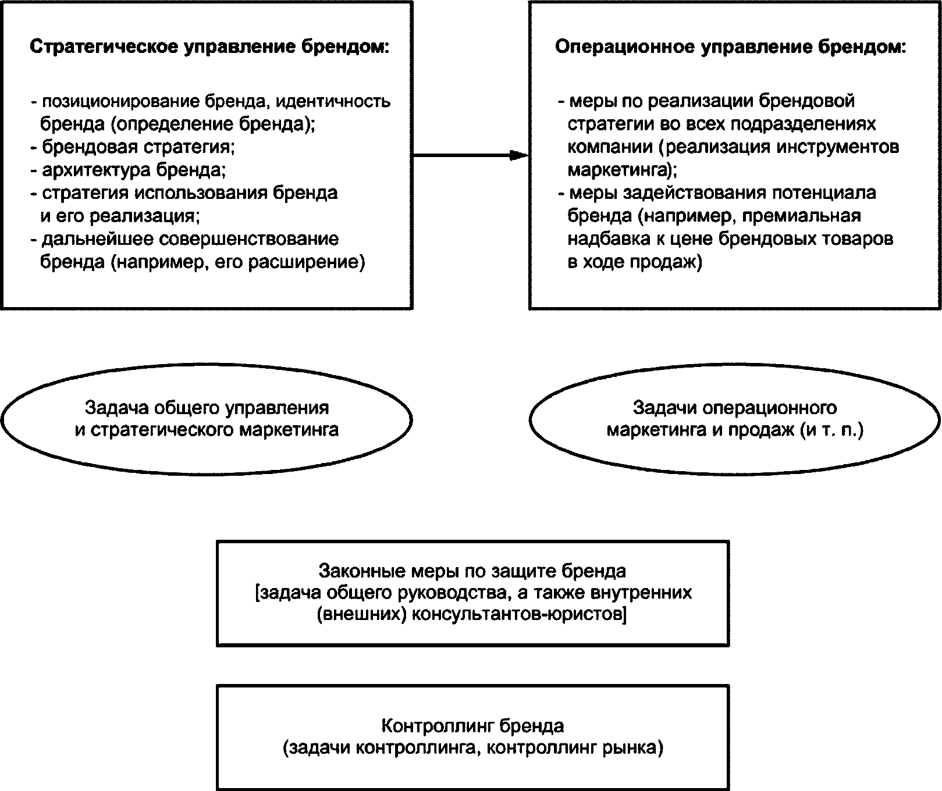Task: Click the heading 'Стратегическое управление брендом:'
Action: pos(209,48)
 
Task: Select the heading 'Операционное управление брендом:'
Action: pos(730,48)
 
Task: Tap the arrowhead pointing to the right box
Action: pos(518,155)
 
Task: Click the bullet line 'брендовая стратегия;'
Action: pos(133,147)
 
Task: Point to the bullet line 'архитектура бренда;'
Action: pos(129,170)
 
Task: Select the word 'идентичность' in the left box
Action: pos(332,101)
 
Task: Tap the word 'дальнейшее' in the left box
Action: pos(95,240)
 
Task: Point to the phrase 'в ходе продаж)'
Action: pos(635,262)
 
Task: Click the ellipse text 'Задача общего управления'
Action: pos(207,408)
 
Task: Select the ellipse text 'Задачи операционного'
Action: pos(735,408)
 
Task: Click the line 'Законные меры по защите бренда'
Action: pos(472,571)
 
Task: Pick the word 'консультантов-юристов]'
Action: pos(519,615)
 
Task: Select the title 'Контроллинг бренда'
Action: pos(472,726)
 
